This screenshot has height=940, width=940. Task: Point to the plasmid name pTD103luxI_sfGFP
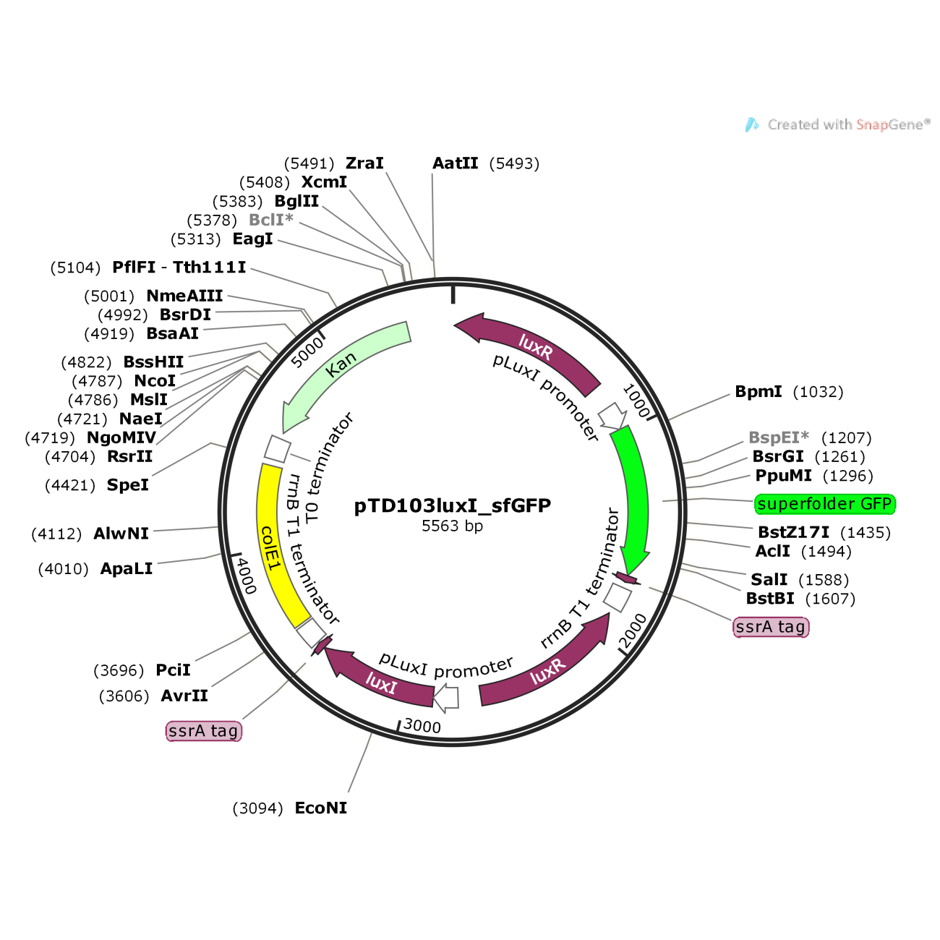tap(452, 505)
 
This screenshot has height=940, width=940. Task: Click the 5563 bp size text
tap(452, 526)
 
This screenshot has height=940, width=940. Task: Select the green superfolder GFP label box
tap(825, 504)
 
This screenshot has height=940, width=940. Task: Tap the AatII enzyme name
tap(455, 163)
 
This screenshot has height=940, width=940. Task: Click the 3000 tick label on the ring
tap(422, 727)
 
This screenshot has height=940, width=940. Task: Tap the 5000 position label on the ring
tap(307, 352)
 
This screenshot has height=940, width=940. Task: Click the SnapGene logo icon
tap(752, 125)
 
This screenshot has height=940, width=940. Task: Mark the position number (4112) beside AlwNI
tap(56, 534)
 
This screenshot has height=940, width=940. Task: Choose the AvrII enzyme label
tap(184, 696)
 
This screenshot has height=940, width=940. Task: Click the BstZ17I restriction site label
tap(794, 532)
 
